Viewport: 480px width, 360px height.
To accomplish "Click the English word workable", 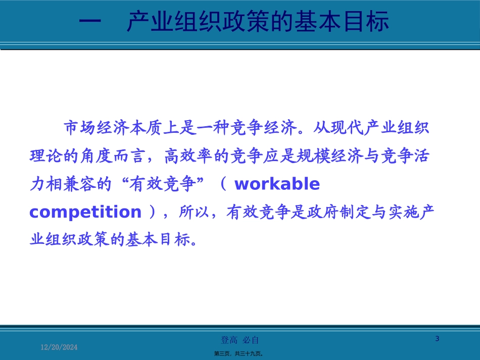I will tap(277, 185).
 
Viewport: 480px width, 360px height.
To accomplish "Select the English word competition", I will tap(85, 212).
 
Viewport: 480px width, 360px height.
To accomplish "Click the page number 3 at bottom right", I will tap(438, 339).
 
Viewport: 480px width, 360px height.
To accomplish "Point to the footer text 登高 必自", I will tap(241, 340).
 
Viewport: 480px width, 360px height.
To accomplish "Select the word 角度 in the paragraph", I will tap(105, 157).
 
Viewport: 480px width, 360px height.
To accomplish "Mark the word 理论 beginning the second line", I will tap(42, 157).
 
